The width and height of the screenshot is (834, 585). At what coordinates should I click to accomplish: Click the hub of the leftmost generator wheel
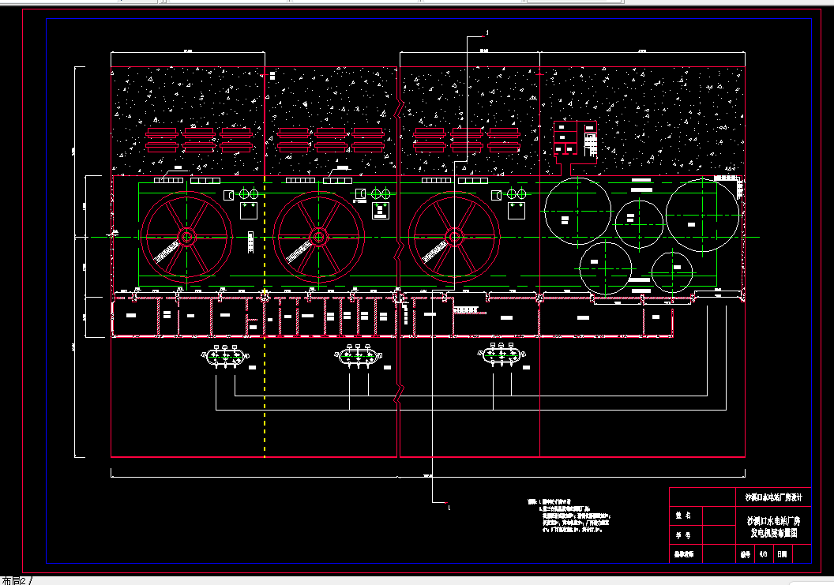[x=187, y=236]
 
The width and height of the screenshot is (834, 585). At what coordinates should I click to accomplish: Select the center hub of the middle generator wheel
[x=319, y=236]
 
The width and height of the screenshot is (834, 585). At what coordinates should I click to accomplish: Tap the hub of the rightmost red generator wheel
[x=454, y=236]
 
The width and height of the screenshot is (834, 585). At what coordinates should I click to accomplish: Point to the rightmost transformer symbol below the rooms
[x=499, y=356]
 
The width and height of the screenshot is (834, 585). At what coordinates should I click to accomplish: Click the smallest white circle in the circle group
[x=672, y=270]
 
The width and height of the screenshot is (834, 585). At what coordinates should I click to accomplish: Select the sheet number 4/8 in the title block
[x=763, y=555]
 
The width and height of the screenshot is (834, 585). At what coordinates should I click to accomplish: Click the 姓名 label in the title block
[x=684, y=516]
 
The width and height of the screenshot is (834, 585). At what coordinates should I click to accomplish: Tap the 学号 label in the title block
[x=684, y=535]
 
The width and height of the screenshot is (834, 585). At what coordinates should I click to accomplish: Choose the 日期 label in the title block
[x=782, y=555]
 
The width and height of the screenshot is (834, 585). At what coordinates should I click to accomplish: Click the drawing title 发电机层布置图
[x=773, y=534]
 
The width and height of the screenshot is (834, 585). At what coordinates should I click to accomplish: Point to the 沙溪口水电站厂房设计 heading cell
[x=773, y=498]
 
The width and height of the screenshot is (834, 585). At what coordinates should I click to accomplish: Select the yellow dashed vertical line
[x=264, y=379]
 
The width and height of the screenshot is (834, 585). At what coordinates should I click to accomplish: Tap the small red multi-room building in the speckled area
[x=574, y=141]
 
